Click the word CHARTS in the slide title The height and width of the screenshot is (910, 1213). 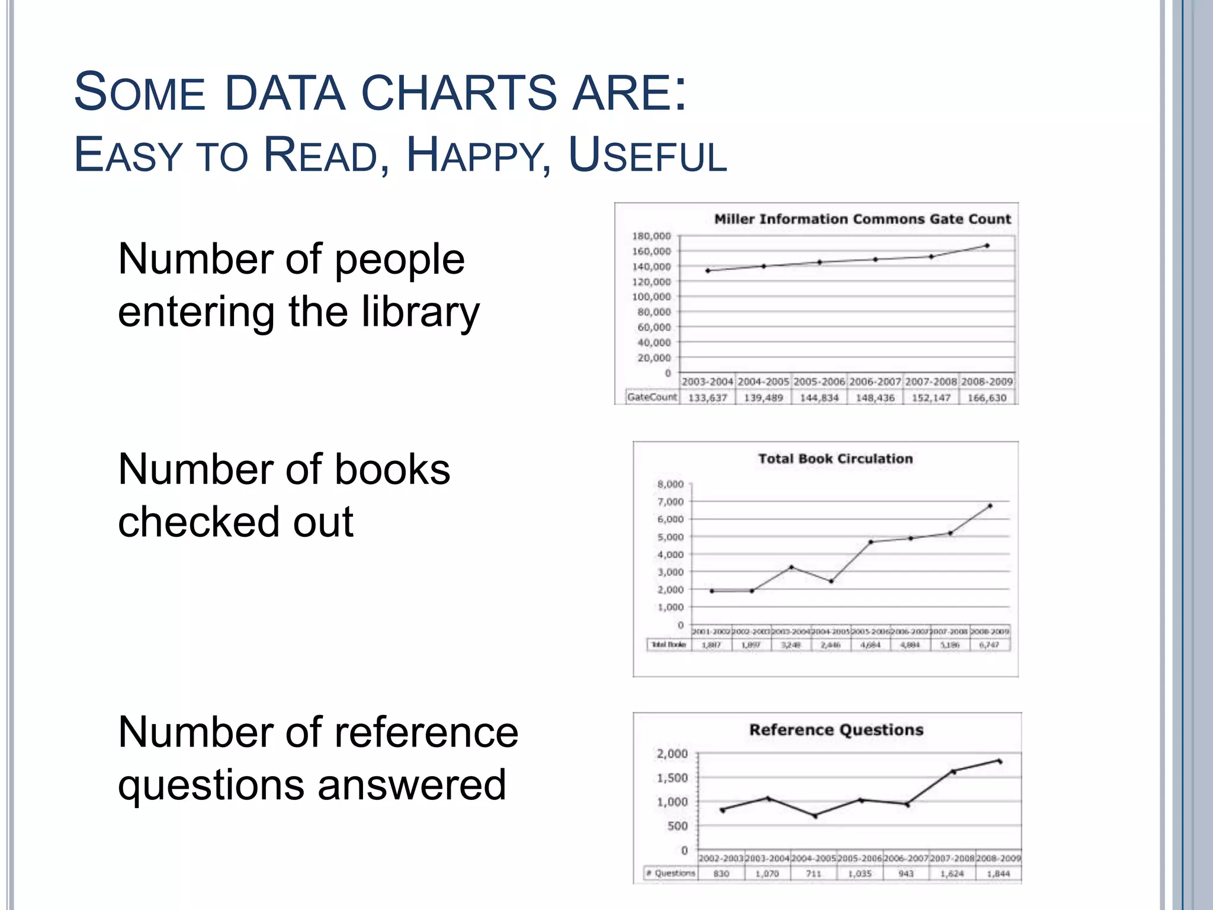click(x=459, y=93)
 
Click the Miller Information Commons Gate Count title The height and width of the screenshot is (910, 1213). click(x=862, y=219)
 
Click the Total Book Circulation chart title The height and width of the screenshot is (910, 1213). click(x=835, y=459)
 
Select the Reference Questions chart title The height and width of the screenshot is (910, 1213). click(x=836, y=730)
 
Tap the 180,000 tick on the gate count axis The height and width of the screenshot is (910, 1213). click(x=652, y=236)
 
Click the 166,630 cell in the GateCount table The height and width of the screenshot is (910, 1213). click(x=987, y=398)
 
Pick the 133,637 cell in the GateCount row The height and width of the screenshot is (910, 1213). click(x=707, y=398)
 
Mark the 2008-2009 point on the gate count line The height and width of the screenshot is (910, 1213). click(x=987, y=245)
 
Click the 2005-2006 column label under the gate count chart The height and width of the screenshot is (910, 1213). click(x=819, y=382)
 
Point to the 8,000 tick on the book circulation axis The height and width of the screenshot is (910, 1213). click(x=670, y=484)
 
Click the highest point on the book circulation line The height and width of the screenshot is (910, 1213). click(x=990, y=506)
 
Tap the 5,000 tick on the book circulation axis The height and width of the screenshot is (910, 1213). click(x=670, y=537)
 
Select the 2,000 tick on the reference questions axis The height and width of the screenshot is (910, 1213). click(x=672, y=754)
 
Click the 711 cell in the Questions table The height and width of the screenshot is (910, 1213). click(x=814, y=874)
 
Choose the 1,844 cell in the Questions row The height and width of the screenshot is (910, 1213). click(x=999, y=874)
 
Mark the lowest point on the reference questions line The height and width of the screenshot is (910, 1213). click(x=815, y=816)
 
